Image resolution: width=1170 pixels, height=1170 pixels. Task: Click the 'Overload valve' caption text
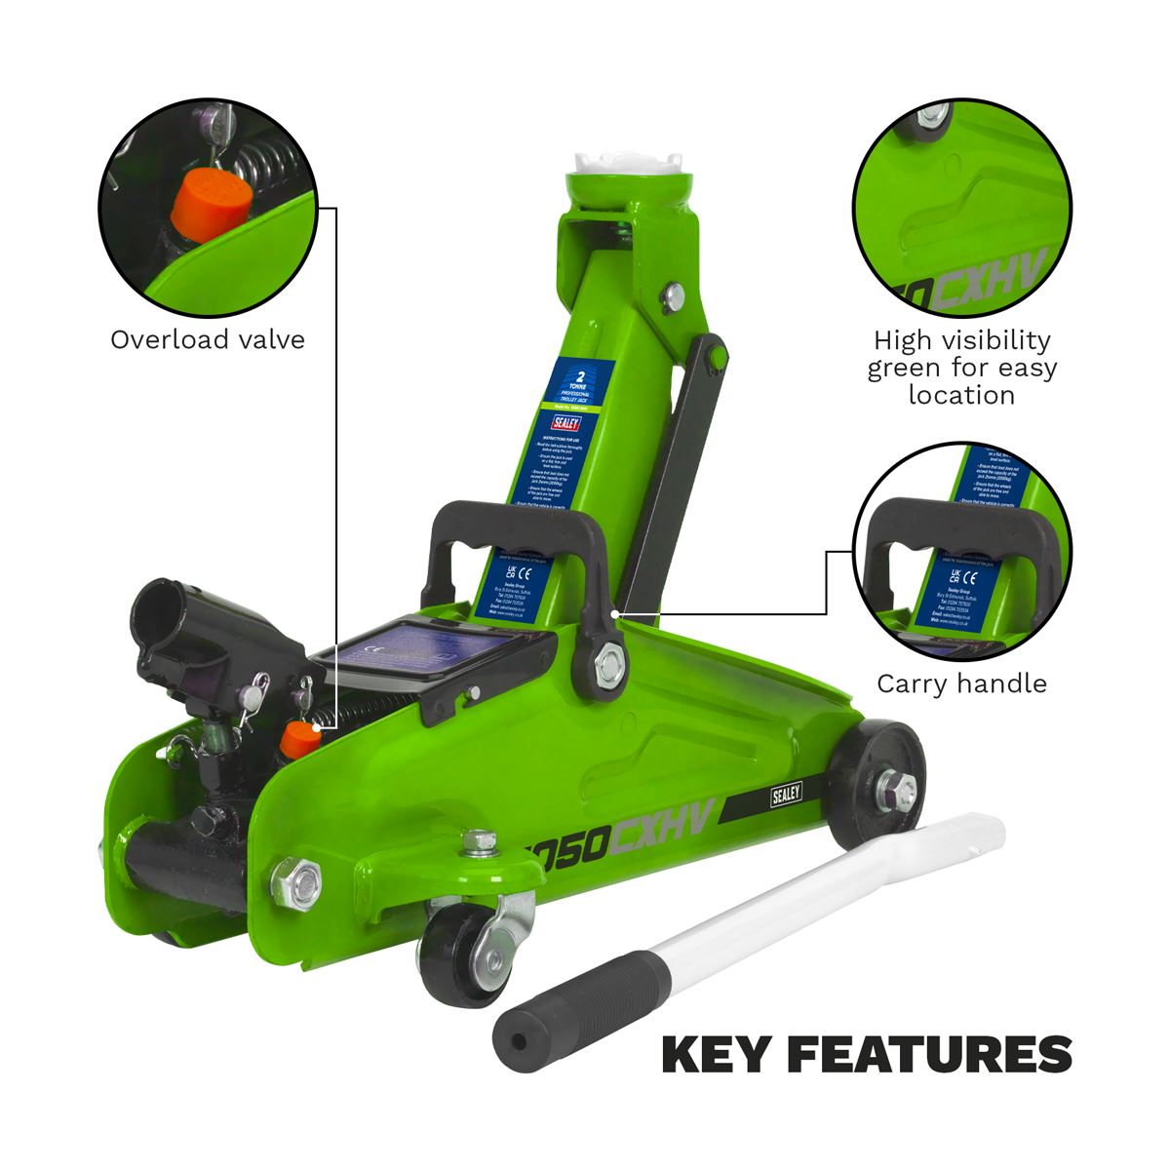(207, 339)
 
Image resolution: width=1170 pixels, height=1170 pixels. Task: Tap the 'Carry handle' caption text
(961, 682)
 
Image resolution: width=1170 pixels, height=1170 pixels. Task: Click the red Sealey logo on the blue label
(565, 423)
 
